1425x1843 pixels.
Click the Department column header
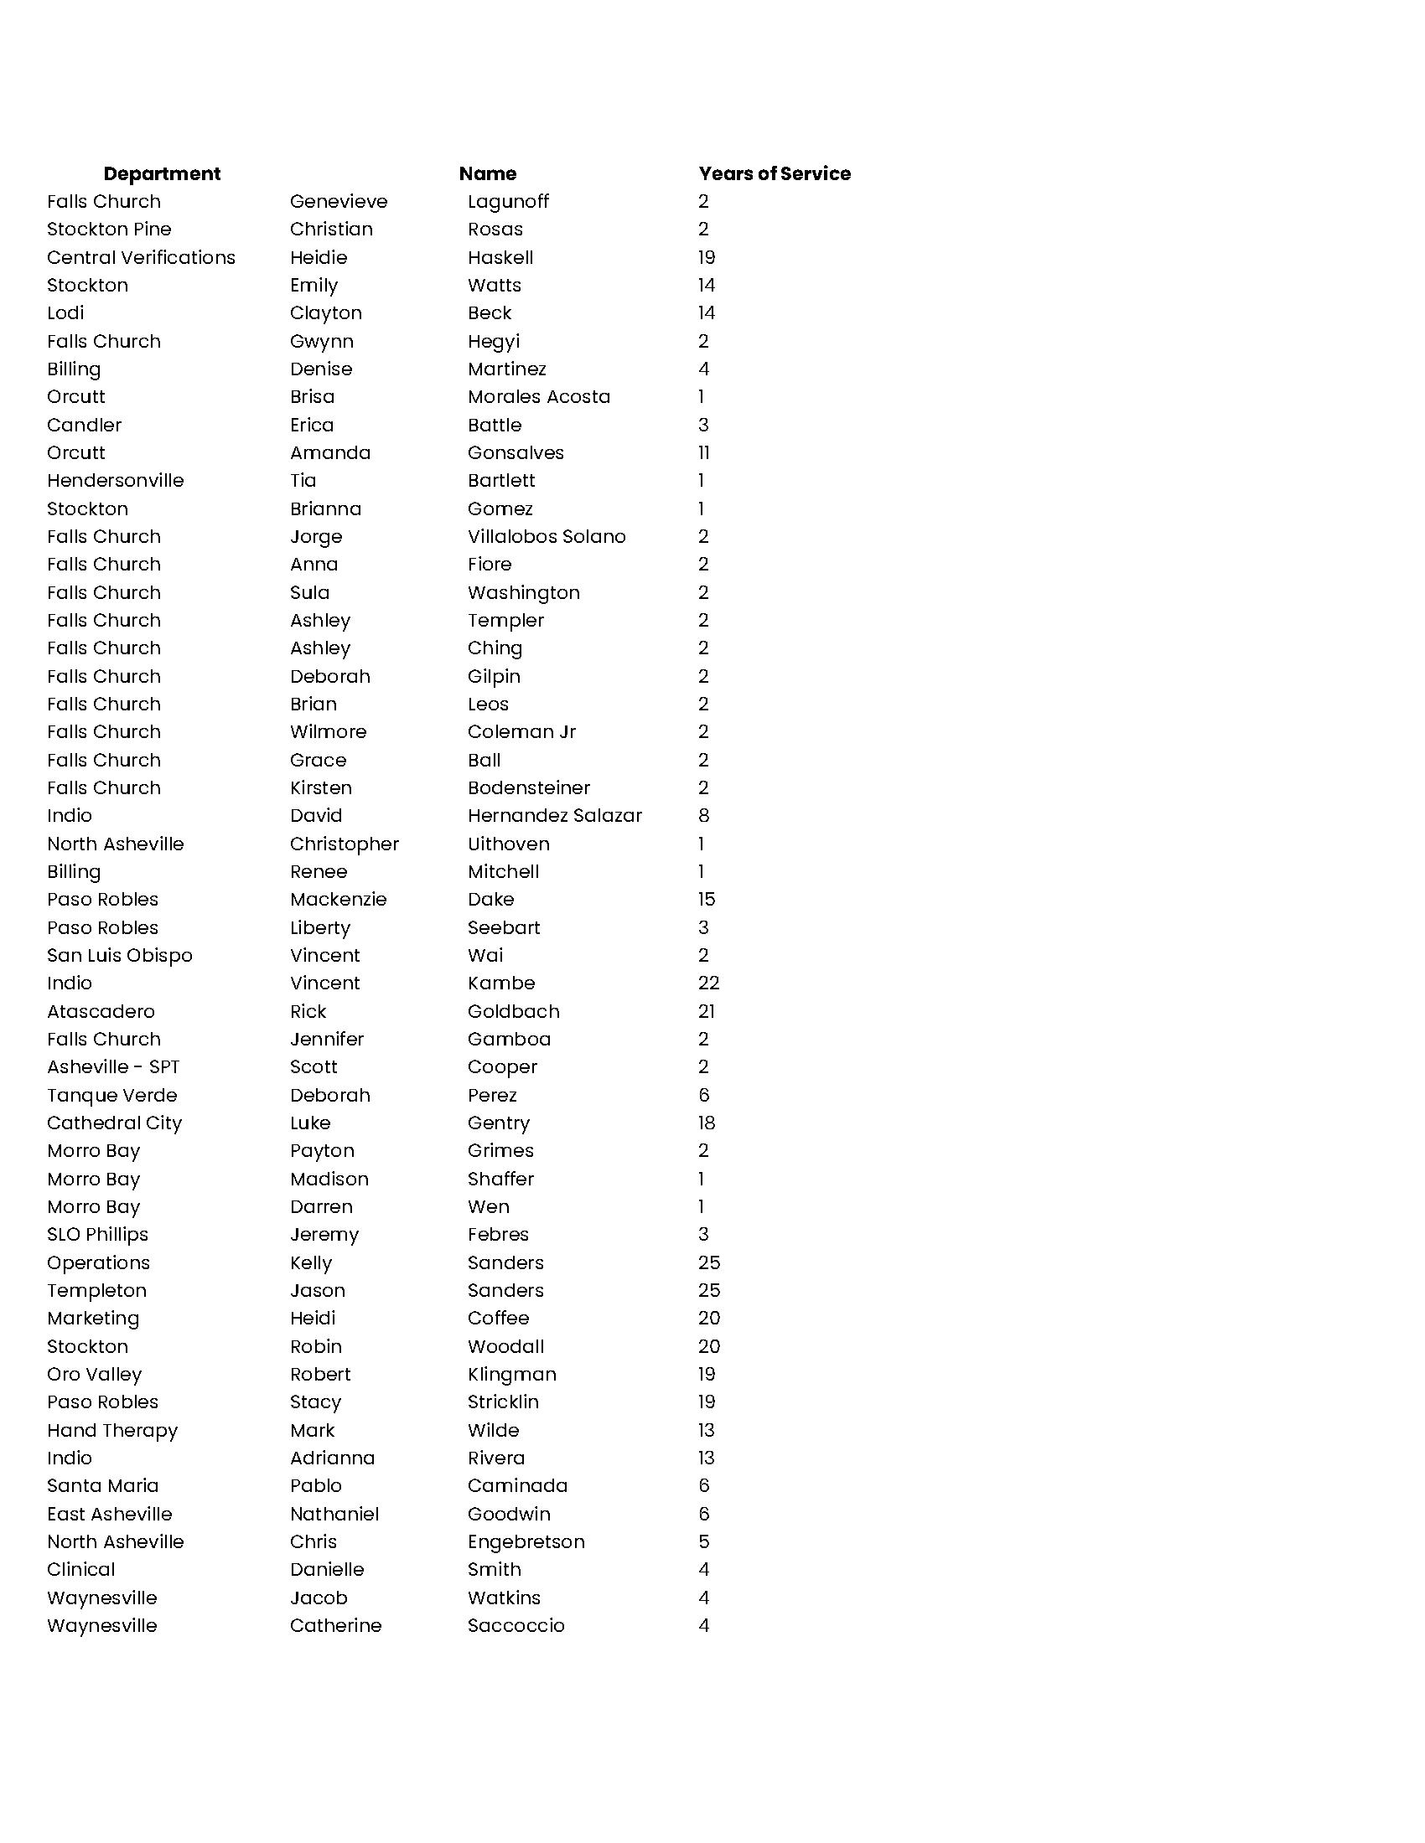[x=161, y=174]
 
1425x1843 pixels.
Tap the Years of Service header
[x=775, y=174]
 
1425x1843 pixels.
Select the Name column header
[x=487, y=174]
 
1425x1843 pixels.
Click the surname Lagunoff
[x=507, y=202]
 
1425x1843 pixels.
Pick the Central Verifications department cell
[x=141, y=257]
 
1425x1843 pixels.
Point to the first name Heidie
[x=319, y=257]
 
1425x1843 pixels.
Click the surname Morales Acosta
[x=539, y=396]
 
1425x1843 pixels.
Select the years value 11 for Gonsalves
[x=704, y=453]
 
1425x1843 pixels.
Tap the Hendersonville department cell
[x=116, y=481]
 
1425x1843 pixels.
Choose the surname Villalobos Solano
[x=547, y=537]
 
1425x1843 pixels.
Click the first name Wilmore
[x=328, y=731]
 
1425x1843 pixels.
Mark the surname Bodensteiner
[x=528, y=788]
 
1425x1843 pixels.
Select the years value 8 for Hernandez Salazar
[x=704, y=816]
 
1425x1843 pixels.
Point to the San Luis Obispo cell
[x=120, y=955]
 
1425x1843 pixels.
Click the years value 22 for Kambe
[x=708, y=983]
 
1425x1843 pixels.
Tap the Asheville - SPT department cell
[x=113, y=1067]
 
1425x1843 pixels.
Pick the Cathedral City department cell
[x=115, y=1123]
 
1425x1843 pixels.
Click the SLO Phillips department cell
[x=98, y=1235]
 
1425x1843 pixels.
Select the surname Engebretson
[x=526, y=1541]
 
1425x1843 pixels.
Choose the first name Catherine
[x=335, y=1625]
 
